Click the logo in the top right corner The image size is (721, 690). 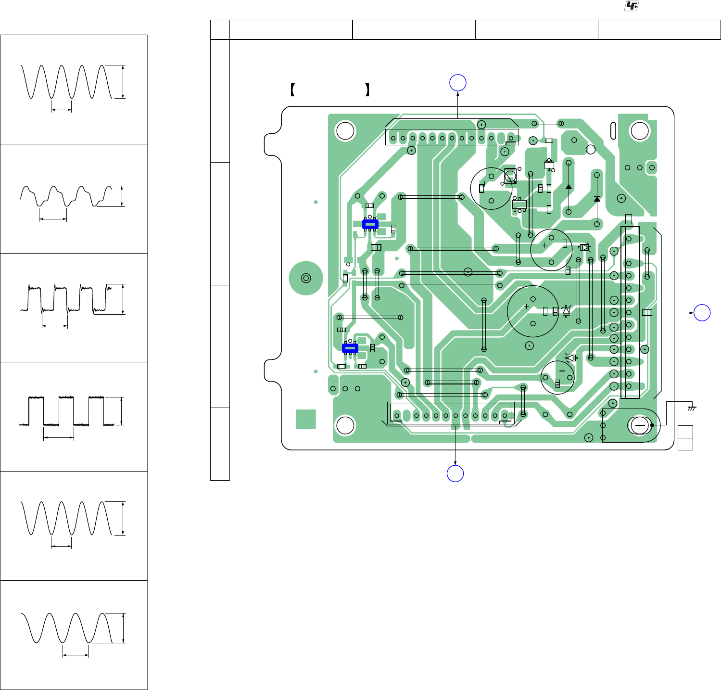[632, 6]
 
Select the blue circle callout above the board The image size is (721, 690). [458, 83]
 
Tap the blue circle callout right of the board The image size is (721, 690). [702, 313]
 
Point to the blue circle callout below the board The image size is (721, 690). [455, 473]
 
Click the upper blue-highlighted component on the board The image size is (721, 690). [370, 224]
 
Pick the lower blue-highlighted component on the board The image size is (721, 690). [350, 348]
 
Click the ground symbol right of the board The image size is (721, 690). [692, 408]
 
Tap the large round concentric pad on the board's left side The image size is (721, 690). [305, 278]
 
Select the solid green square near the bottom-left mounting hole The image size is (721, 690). [306, 419]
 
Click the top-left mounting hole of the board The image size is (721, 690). [345, 131]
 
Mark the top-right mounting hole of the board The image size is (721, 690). [640, 131]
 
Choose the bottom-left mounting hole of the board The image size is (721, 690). [345, 425]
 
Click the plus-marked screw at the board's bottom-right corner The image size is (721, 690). [640, 425]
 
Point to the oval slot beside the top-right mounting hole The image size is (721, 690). [613, 130]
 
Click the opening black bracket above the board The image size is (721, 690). [292, 90]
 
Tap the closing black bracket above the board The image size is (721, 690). [367, 90]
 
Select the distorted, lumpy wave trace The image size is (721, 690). [65, 196]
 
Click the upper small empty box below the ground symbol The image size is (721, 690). [685, 432]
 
